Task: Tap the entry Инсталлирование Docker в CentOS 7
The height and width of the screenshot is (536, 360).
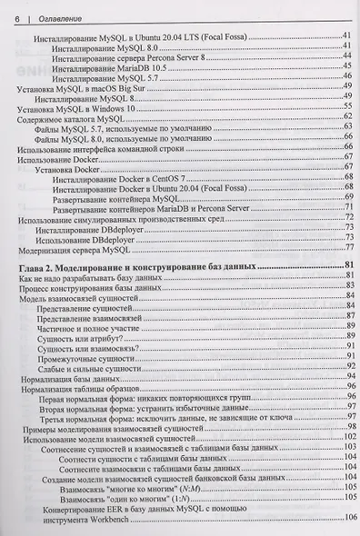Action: pos(118,179)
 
